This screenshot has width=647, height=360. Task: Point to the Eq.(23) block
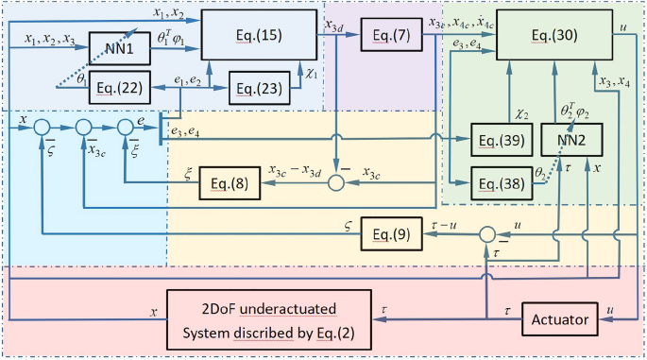259,90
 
